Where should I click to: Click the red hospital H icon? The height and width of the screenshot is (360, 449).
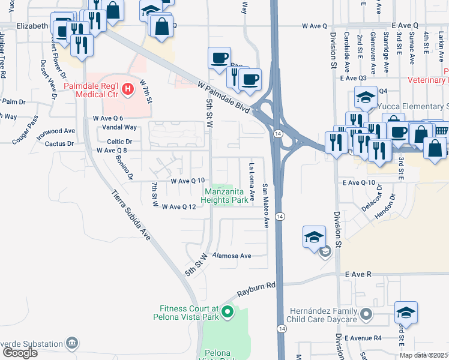pyautogui.click(x=127, y=91)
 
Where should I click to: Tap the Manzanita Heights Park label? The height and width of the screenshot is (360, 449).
pyautogui.click(x=223, y=196)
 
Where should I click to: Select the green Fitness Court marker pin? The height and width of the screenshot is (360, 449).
pyautogui.click(x=227, y=311)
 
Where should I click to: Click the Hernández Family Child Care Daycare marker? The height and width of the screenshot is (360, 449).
pyautogui.click(x=365, y=314)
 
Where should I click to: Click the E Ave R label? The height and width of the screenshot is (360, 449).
pyautogui.click(x=359, y=274)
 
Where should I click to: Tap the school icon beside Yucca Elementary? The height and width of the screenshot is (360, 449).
pyautogui.click(x=366, y=97)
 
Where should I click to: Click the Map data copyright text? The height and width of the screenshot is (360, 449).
pyautogui.click(x=424, y=355)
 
